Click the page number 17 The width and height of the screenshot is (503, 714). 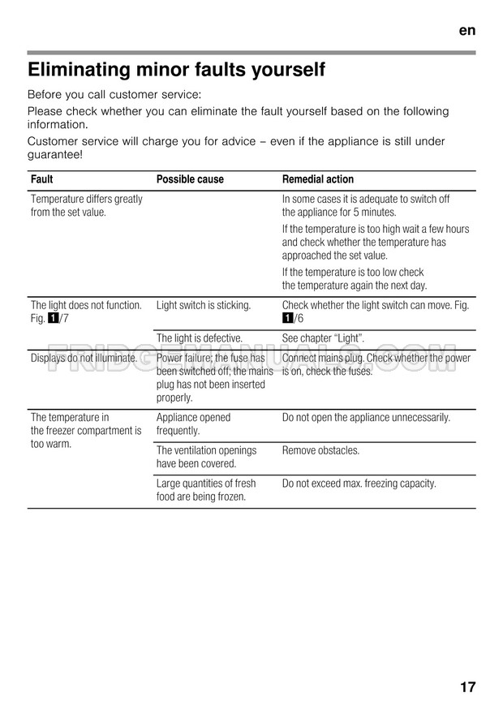coord(467,686)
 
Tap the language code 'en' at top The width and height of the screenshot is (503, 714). coord(466,30)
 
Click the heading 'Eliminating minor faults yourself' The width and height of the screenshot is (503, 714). coord(176,71)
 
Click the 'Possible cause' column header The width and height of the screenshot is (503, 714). coord(190,179)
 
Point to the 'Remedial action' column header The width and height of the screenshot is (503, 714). coord(318,179)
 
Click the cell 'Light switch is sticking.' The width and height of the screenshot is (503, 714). coord(203,305)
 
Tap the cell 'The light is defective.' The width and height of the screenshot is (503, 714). coord(199,338)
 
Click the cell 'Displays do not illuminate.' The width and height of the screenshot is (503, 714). coord(84,358)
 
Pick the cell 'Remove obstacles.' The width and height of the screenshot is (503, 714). coord(320,450)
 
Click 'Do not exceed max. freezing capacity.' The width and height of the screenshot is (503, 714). coord(359,484)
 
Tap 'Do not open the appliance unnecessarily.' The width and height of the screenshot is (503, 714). coord(366,418)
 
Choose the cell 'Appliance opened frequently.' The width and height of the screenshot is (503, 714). coord(193,424)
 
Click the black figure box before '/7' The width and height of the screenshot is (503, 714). coord(53,318)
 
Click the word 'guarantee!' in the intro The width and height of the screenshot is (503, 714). coord(55,154)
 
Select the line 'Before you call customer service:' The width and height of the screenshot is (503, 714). coord(114,94)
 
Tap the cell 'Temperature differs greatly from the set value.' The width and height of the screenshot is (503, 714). coord(86,205)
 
